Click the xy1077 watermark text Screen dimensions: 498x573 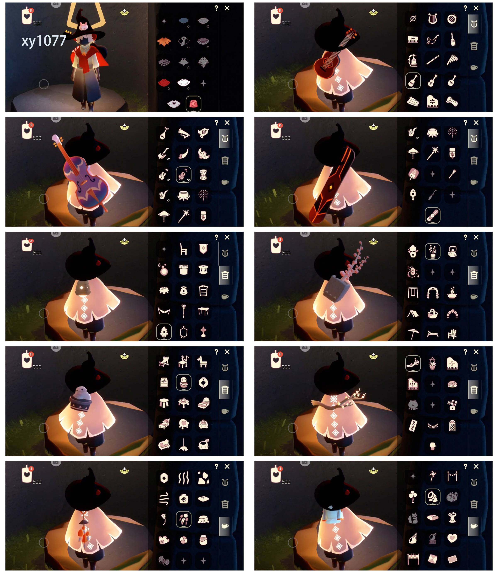click(x=44, y=41)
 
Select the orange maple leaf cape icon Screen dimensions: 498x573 click(x=164, y=42)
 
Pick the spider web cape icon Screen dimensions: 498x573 click(x=164, y=62)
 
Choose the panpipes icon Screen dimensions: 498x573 click(x=452, y=60)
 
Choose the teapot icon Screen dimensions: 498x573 click(x=452, y=252)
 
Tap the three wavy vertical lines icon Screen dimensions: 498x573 click(x=184, y=478)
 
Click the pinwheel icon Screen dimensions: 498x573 click(x=432, y=476)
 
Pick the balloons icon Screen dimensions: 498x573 click(x=413, y=497)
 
